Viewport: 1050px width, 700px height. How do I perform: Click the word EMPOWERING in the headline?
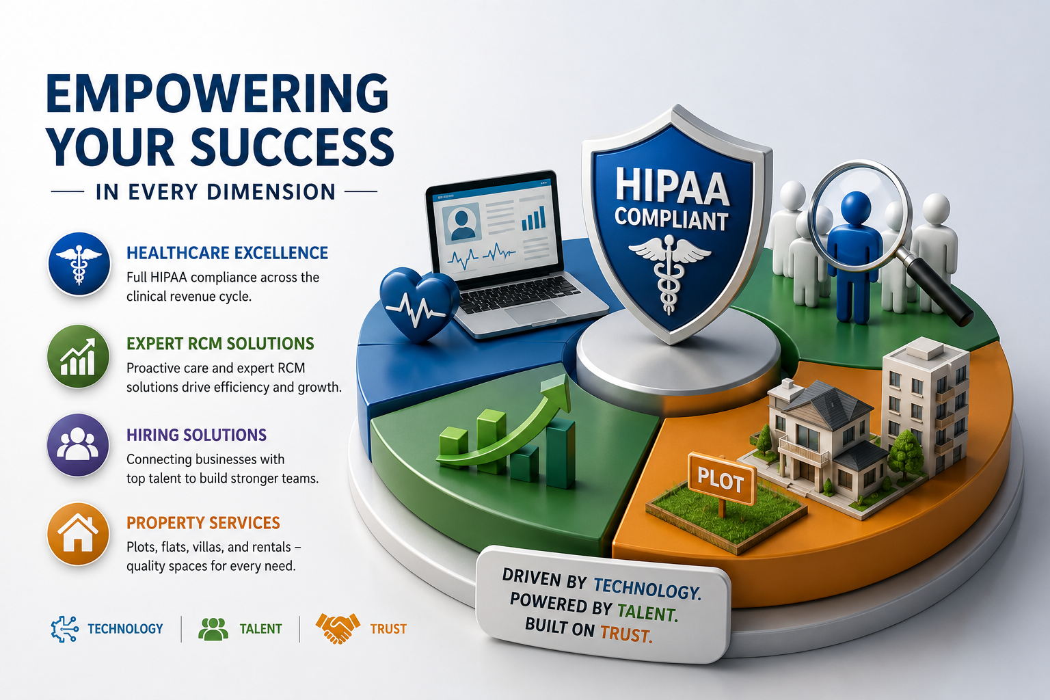(217, 93)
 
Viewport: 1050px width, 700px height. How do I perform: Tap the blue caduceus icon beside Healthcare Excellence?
(79, 264)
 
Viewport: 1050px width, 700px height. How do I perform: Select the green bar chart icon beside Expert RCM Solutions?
(79, 356)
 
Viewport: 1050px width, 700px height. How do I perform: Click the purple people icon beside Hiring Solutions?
(78, 444)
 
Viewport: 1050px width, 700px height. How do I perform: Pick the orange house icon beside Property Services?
(78, 534)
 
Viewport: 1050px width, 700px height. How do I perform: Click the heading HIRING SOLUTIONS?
(196, 435)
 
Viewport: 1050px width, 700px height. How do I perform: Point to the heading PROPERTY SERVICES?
(204, 523)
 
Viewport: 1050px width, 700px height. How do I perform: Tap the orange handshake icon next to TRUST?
(338, 628)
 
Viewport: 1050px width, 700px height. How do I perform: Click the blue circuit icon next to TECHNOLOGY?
(65, 629)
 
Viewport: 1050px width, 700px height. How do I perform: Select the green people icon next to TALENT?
(213, 629)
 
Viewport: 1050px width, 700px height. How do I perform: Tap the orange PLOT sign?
(721, 479)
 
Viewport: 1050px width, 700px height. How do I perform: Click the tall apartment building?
(926, 404)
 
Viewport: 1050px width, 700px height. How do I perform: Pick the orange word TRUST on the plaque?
(625, 634)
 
